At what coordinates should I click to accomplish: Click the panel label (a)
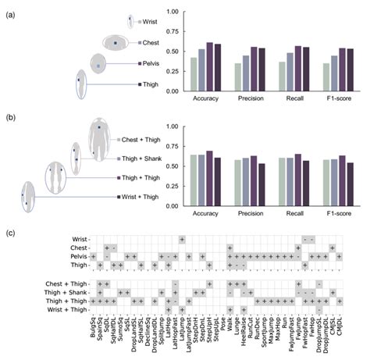(x=9, y=11)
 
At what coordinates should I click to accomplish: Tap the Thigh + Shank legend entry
(x=142, y=159)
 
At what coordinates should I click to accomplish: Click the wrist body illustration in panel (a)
(x=130, y=21)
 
